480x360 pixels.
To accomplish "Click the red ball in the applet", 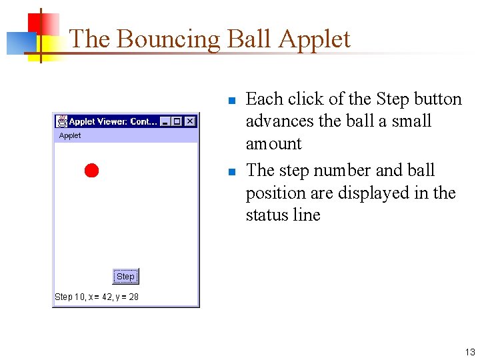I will click(x=91, y=171).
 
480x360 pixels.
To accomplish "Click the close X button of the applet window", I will click(x=190, y=121).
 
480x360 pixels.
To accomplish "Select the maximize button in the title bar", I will click(x=177, y=121).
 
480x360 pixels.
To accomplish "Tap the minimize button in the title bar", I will click(x=165, y=121).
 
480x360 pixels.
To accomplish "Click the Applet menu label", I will click(x=70, y=135).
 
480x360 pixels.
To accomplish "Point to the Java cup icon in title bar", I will click(x=62, y=121).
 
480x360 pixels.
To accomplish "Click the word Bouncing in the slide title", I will click(x=168, y=39).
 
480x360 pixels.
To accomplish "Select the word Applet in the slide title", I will click(x=314, y=39).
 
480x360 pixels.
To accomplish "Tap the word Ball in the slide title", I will click(x=249, y=39).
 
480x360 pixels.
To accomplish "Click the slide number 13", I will click(x=470, y=352).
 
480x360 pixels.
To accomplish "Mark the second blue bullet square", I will click(x=231, y=173).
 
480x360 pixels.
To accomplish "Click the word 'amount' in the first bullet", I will click(x=273, y=144).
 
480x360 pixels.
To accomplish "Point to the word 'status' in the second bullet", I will click(x=265, y=215).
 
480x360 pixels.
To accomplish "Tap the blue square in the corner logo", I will click(x=18, y=43).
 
